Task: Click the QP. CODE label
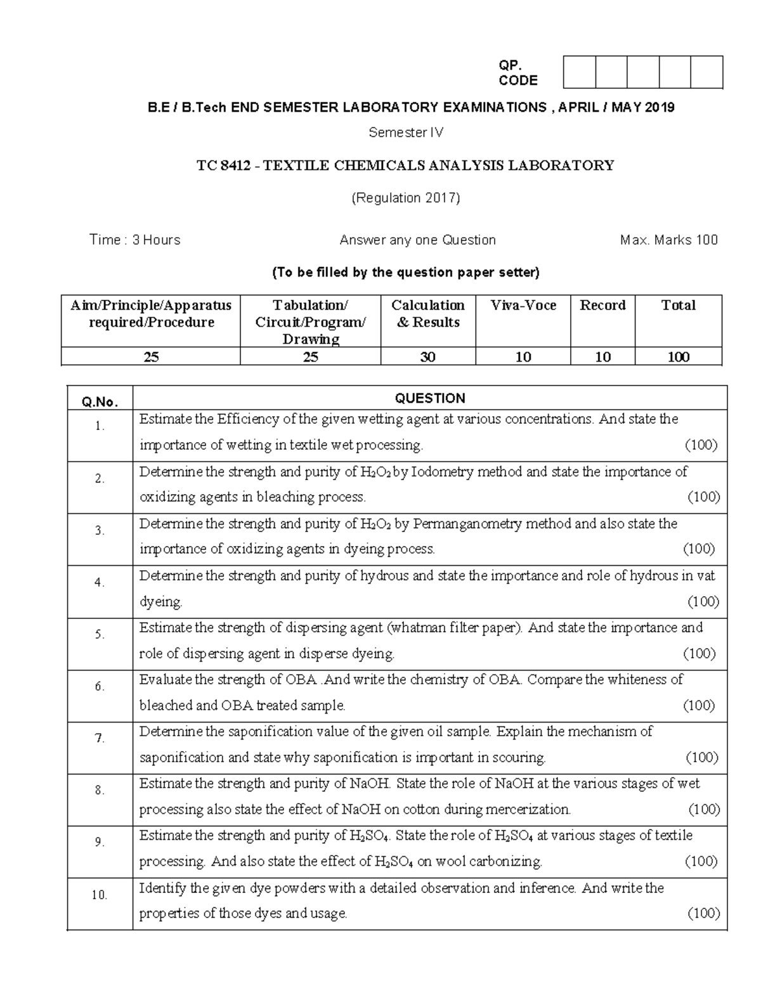(x=517, y=73)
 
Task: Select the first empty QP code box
(x=579, y=72)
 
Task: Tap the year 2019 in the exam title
(x=660, y=107)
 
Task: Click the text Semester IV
(x=406, y=133)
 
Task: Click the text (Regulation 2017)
(x=406, y=198)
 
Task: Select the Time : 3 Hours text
(x=134, y=240)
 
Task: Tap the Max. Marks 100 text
(x=668, y=240)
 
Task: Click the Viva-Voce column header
(x=523, y=305)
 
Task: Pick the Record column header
(x=602, y=305)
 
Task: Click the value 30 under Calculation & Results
(x=427, y=357)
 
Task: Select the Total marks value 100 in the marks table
(x=678, y=357)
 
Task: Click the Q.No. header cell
(x=100, y=401)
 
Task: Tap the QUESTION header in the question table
(x=430, y=398)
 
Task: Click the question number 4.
(x=100, y=582)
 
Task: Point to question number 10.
(x=100, y=895)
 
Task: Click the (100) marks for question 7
(x=702, y=757)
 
